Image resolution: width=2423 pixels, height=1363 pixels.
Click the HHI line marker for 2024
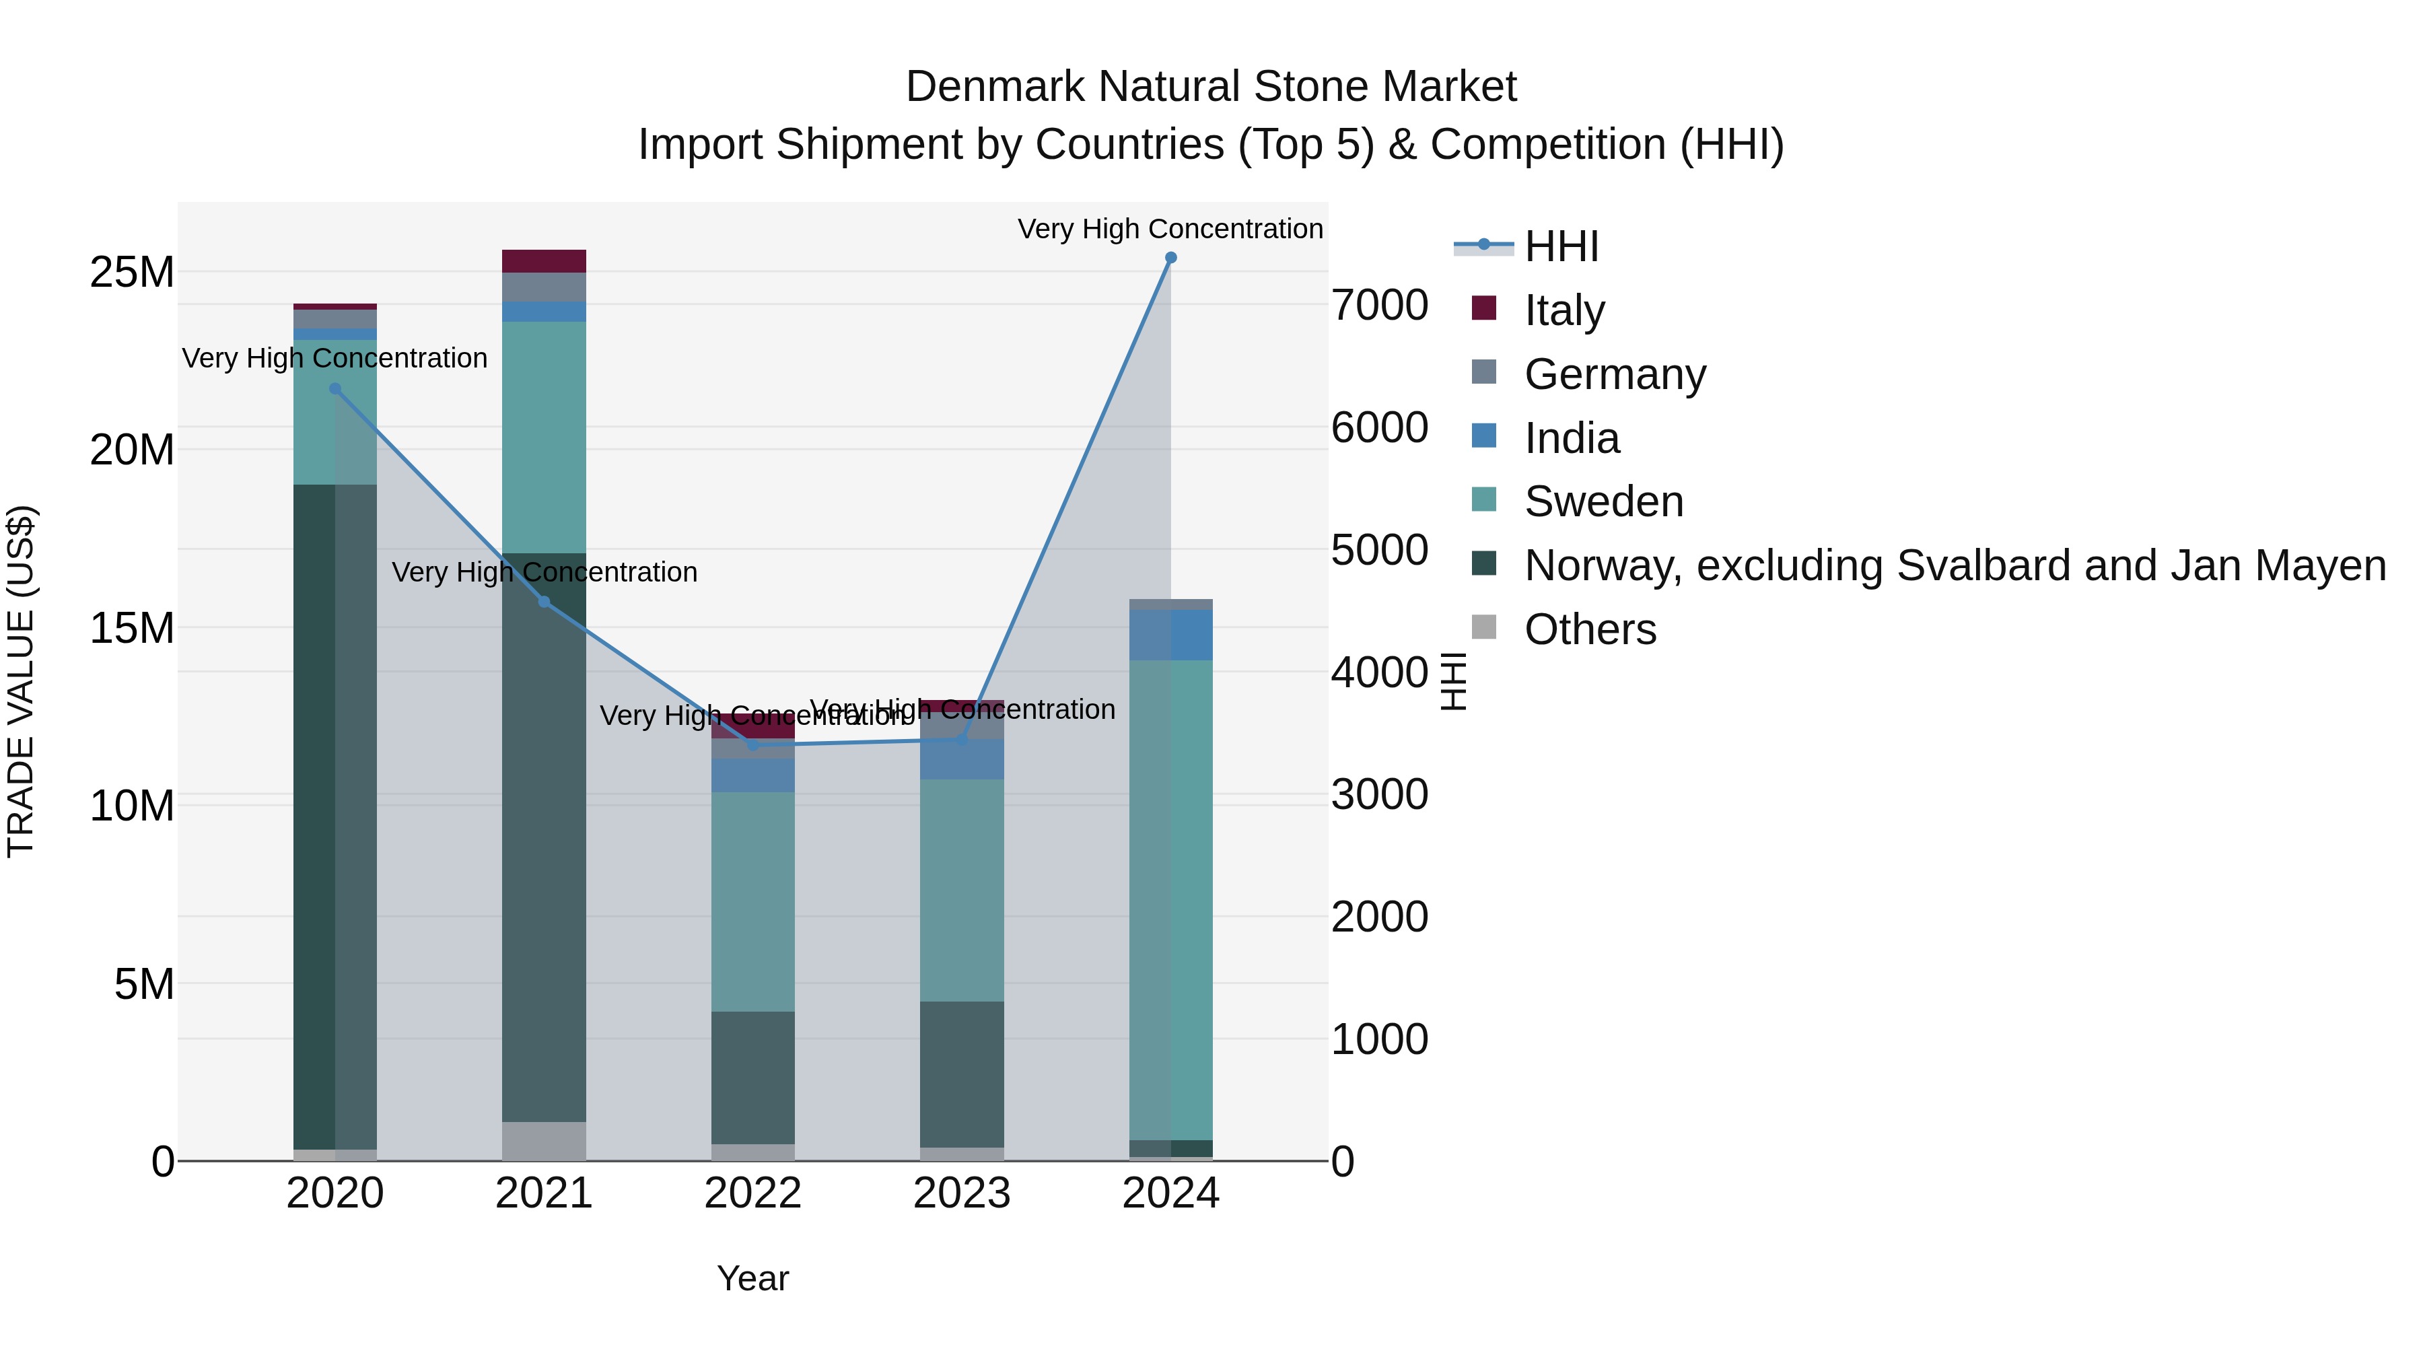[x=1170, y=258]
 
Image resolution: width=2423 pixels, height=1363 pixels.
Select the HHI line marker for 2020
[x=335, y=388]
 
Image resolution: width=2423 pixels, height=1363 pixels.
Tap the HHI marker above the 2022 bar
[x=752, y=745]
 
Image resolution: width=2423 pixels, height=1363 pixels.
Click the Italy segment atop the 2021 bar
[x=544, y=260]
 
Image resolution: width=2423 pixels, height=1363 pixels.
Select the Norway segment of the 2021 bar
[x=544, y=837]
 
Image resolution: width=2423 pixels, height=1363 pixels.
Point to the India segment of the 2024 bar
[x=1170, y=635]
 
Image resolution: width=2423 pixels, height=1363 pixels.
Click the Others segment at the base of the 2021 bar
[x=544, y=1140]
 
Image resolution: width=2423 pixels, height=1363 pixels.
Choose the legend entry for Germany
[x=1614, y=374]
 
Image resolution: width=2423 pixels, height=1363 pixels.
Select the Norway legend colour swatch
[x=1483, y=565]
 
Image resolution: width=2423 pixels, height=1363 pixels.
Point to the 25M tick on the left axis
[x=132, y=273]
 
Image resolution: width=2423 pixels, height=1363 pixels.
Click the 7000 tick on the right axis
[x=1379, y=306]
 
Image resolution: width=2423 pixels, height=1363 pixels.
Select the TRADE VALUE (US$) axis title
[x=21, y=681]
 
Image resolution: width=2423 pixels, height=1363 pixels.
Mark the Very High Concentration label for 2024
[x=1170, y=230]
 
